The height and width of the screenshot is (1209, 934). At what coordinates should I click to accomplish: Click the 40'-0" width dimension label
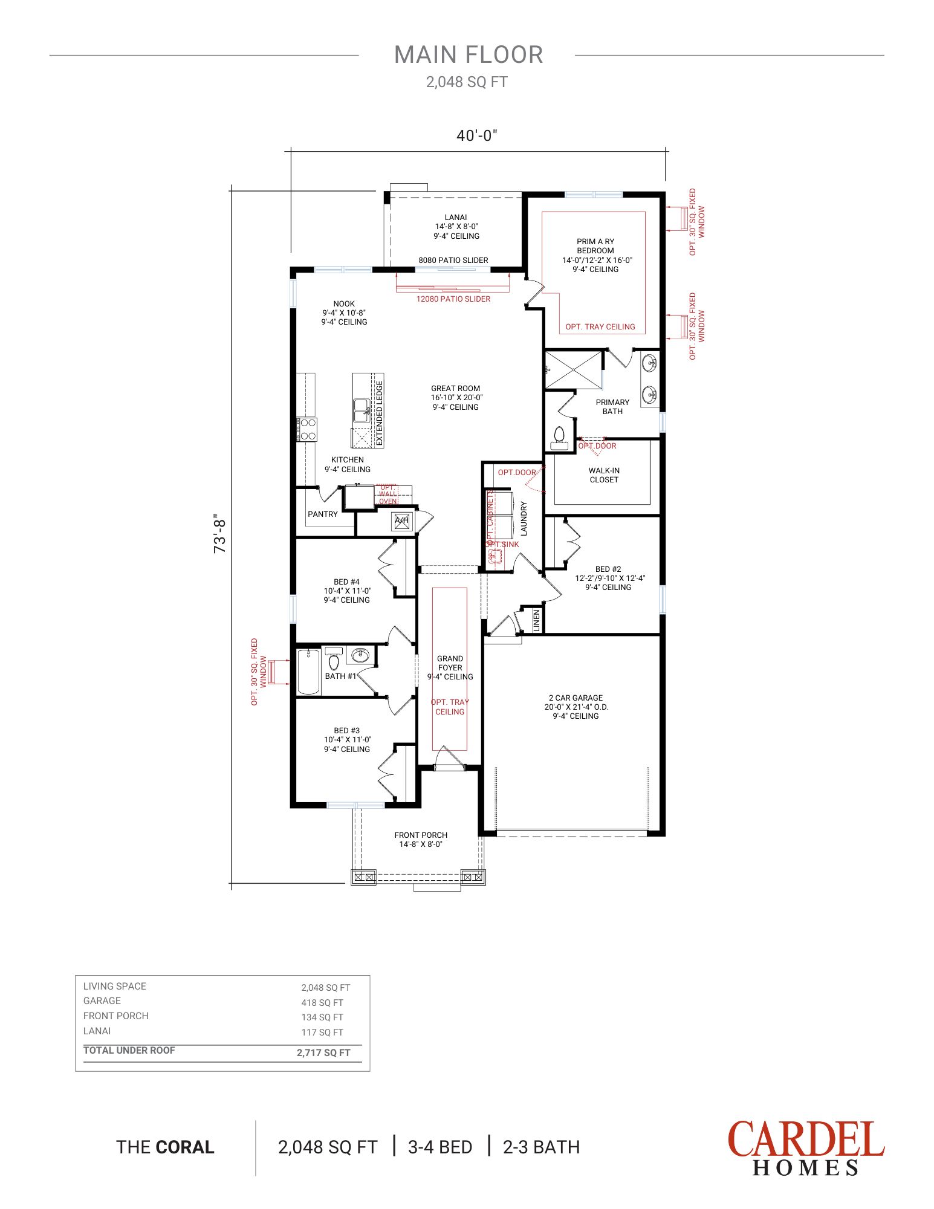[476, 135]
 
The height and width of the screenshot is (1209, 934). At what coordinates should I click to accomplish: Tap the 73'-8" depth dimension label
[219, 534]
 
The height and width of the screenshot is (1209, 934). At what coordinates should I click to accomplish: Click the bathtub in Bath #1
[309, 672]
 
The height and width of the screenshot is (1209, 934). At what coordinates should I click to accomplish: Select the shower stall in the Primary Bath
[574, 370]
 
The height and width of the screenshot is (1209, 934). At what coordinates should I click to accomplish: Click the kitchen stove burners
[307, 429]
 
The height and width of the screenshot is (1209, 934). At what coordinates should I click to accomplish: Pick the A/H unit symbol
[402, 521]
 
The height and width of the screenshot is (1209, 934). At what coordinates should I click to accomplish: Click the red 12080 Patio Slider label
[453, 299]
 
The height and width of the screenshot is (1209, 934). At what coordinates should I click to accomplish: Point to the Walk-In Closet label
[604, 475]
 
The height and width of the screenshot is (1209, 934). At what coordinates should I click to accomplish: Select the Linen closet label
[536, 621]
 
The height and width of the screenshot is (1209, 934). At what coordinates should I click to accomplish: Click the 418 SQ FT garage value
[322, 1002]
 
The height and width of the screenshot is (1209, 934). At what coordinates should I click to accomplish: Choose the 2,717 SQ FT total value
[323, 1052]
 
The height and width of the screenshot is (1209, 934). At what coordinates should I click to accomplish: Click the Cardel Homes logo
[806, 1148]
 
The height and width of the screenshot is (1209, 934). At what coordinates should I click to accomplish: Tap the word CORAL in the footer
[185, 1147]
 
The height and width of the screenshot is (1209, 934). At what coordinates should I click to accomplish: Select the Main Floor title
[469, 55]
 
